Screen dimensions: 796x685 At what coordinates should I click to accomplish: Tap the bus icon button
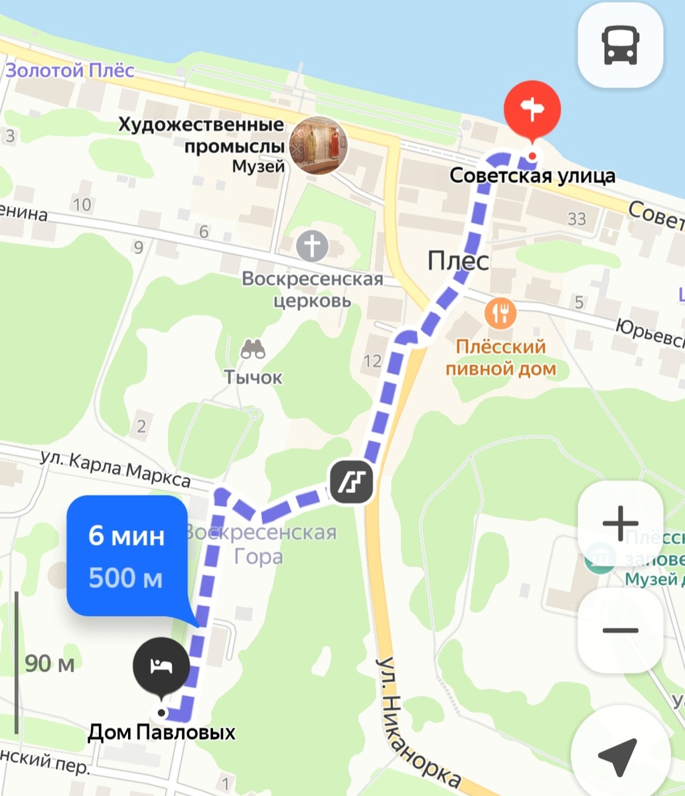(x=620, y=46)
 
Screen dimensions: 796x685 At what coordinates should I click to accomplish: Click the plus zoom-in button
(x=620, y=524)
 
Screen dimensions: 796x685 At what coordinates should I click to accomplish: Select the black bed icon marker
(x=161, y=665)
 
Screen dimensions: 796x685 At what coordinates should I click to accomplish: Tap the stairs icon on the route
(x=352, y=482)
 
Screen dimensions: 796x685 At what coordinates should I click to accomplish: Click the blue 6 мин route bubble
(x=126, y=556)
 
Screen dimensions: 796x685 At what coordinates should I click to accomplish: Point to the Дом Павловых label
(x=162, y=732)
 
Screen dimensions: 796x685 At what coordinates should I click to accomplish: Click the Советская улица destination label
(x=532, y=176)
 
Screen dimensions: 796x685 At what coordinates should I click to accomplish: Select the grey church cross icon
(x=312, y=246)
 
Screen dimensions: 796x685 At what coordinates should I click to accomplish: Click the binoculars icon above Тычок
(x=253, y=349)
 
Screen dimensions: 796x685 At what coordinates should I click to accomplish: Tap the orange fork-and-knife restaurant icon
(x=500, y=312)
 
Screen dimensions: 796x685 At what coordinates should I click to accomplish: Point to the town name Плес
(x=459, y=261)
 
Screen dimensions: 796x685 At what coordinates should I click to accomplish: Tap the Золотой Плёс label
(x=70, y=70)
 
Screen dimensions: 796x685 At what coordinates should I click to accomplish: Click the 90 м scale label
(x=50, y=663)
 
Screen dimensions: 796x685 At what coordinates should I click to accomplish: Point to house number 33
(x=577, y=218)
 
